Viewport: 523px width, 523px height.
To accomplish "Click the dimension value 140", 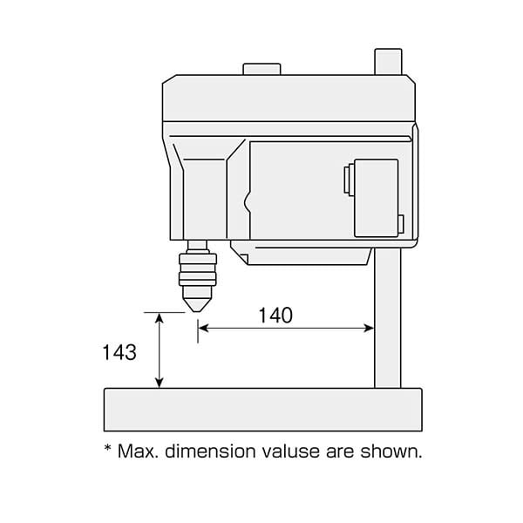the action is click(x=275, y=316).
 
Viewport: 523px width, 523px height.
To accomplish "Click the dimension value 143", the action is click(x=119, y=352).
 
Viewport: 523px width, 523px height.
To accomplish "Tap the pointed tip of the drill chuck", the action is click(x=197, y=311).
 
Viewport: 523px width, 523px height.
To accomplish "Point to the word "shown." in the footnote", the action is click(x=391, y=452).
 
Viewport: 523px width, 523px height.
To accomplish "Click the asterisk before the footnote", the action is click(x=108, y=448).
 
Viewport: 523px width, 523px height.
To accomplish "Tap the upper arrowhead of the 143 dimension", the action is click(x=160, y=318).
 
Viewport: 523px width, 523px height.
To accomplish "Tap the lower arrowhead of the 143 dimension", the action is click(x=160, y=383).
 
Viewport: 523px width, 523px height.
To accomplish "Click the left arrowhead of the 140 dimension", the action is click(x=203, y=329).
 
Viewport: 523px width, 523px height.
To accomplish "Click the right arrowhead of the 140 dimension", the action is click(x=369, y=329).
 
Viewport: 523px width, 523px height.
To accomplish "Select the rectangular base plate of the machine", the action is click(x=263, y=410).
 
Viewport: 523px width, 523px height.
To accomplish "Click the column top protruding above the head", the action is click(x=388, y=62).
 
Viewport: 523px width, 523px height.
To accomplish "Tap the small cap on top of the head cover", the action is click(x=261, y=69).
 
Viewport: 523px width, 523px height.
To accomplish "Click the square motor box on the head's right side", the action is click(x=377, y=198).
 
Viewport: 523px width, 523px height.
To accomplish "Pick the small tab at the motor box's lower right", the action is click(x=401, y=224).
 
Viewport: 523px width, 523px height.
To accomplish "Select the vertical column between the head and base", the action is click(x=388, y=318).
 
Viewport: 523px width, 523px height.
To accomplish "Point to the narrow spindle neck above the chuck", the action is click(x=197, y=247).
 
